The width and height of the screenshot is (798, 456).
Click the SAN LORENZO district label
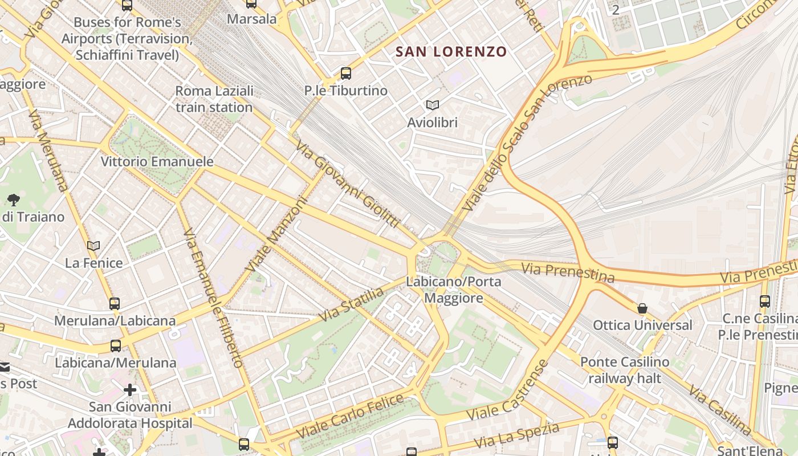(451, 52)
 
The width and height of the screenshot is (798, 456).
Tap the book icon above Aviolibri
(433, 105)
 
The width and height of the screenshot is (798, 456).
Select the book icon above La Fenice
(93, 246)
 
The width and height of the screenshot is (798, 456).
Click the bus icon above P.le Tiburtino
(345, 73)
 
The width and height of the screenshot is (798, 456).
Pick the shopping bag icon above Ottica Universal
(642, 308)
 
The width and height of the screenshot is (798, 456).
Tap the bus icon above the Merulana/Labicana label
(115, 303)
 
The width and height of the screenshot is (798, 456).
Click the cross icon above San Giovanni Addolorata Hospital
(130, 390)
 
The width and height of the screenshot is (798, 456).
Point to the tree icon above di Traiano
(14, 200)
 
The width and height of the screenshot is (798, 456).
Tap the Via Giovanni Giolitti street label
(347, 184)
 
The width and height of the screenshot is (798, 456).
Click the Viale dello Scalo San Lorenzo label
(527, 142)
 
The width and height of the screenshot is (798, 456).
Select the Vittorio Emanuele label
(157, 161)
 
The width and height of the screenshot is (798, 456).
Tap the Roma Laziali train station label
(214, 99)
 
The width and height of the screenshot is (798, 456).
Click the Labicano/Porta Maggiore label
(454, 290)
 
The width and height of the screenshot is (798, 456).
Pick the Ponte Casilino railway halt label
(625, 370)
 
